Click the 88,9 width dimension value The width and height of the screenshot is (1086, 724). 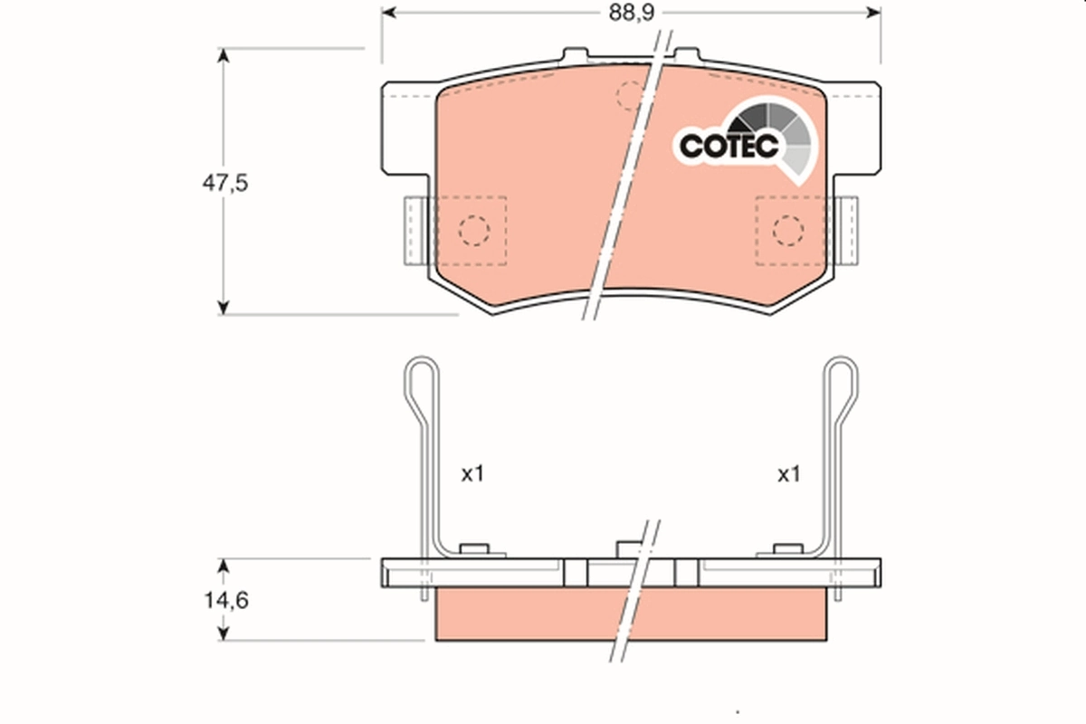[632, 13]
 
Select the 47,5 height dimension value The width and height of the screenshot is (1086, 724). [224, 182]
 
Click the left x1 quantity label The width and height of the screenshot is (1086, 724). [473, 473]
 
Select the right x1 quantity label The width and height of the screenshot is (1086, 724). [789, 473]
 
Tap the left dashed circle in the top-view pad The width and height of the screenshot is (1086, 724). [473, 231]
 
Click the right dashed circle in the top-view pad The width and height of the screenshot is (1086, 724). [787, 231]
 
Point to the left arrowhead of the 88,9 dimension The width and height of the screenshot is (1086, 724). [388, 13]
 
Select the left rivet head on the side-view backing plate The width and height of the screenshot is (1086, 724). [473, 548]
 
